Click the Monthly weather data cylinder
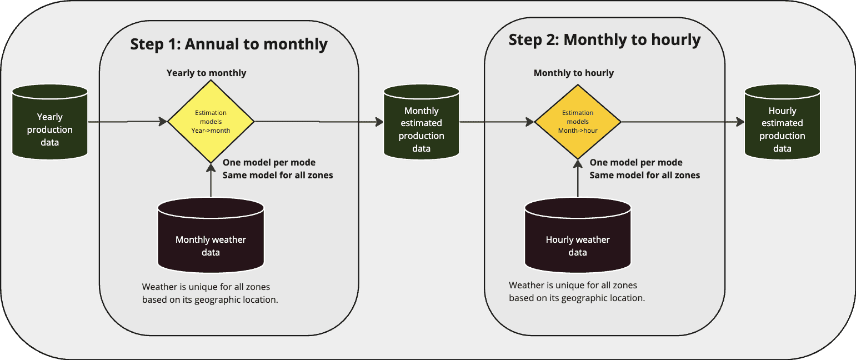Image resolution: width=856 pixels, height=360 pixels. point(211,239)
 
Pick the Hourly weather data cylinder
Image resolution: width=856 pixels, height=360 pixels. point(578,239)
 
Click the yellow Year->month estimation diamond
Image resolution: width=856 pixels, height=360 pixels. point(211,121)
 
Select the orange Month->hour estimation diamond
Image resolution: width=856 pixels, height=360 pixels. point(578,121)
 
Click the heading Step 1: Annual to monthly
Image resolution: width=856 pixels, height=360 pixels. point(229,44)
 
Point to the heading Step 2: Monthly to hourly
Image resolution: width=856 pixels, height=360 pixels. point(604,40)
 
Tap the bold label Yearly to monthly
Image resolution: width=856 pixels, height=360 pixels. point(206,73)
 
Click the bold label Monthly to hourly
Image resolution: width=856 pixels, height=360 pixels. point(573,73)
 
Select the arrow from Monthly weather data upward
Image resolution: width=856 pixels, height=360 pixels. point(211,181)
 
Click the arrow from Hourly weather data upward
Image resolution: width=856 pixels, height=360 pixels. point(578,181)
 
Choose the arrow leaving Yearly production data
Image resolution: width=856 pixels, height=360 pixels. point(128,121)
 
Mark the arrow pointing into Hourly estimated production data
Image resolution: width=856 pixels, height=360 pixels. point(683,121)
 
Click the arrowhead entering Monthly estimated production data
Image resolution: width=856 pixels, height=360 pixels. point(379,121)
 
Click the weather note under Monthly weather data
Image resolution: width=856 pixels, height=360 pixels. point(210,293)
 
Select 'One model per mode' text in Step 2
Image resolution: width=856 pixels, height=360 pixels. point(635,163)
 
